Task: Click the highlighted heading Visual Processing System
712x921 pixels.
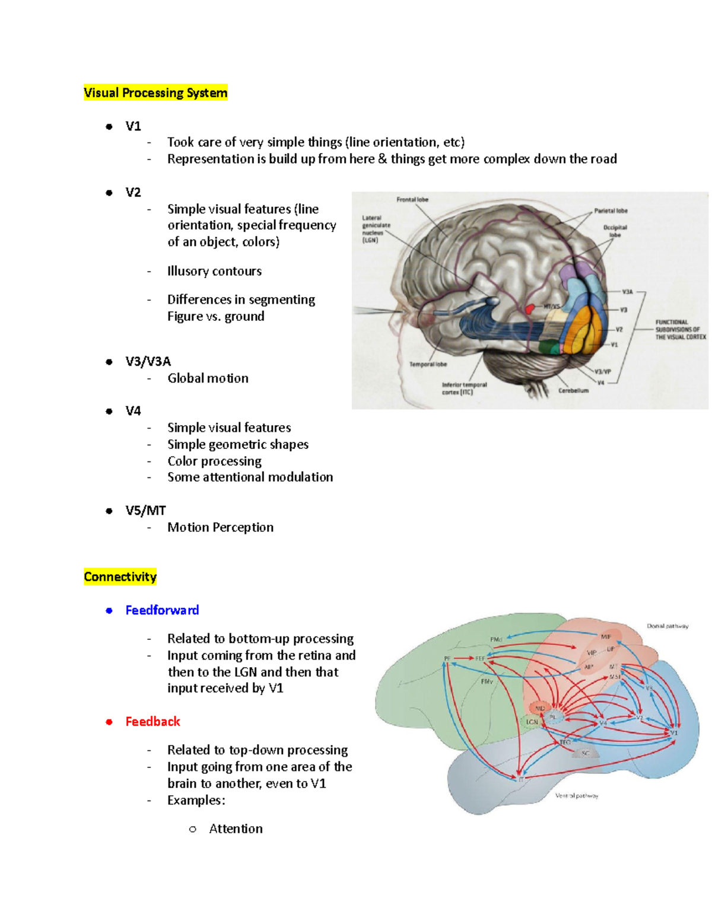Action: pyautogui.click(x=155, y=93)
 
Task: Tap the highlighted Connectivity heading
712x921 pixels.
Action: pyautogui.click(x=120, y=577)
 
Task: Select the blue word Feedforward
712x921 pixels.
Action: pyautogui.click(x=162, y=610)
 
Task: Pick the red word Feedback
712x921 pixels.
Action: pyautogui.click(x=152, y=722)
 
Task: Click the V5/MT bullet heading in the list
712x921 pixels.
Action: pyautogui.click(x=145, y=511)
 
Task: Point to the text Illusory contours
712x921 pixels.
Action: pyautogui.click(x=214, y=271)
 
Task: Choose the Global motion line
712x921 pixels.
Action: pyautogui.click(x=208, y=378)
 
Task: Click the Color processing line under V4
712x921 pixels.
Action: pyautogui.click(x=214, y=461)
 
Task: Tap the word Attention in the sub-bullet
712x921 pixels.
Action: pyautogui.click(x=236, y=829)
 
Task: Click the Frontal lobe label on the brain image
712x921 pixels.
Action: pyautogui.click(x=412, y=200)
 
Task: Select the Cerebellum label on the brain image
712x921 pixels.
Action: pyautogui.click(x=573, y=391)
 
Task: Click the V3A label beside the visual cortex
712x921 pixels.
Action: pyautogui.click(x=627, y=292)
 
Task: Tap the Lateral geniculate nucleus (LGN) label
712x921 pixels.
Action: pyautogui.click(x=376, y=229)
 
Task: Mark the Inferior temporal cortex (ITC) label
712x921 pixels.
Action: pyautogui.click(x=464, y=388)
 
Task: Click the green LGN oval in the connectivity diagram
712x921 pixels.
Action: pyautogui.click(x=532, y=722)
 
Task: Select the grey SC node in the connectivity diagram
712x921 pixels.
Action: pyautogui.click(x=586, y=753)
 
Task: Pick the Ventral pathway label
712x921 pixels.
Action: pyautogui.click(x=577, y=796)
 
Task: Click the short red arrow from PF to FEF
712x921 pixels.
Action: pyautogui.click(x=463, y=658)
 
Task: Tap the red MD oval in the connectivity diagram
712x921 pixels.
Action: pyautogui.click(x=540, y=708)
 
